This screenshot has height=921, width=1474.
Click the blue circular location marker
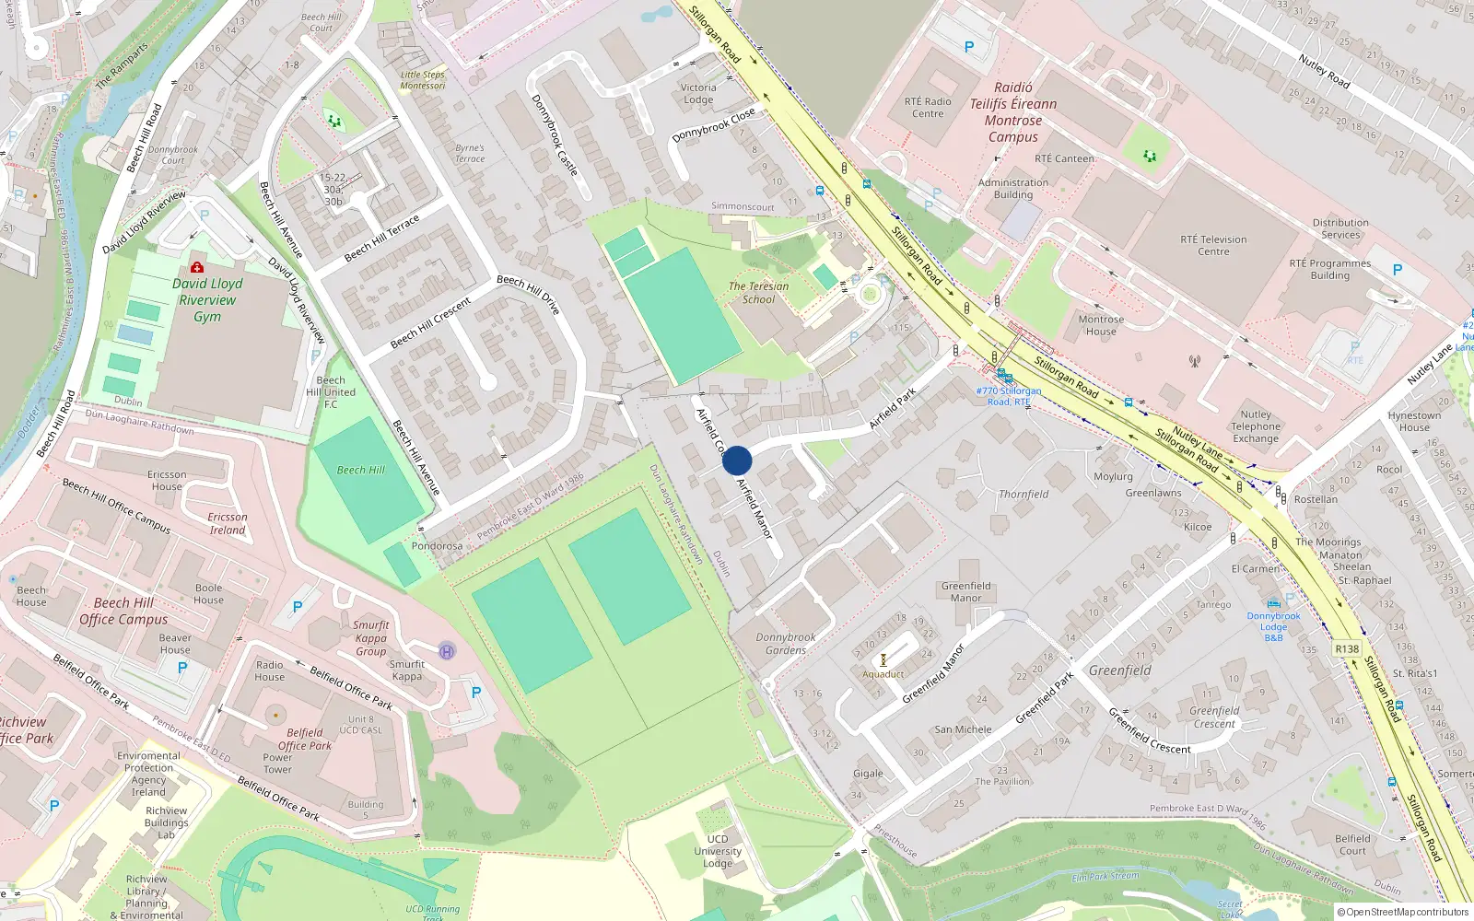(x=737, y=460)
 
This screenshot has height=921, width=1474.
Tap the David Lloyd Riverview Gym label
(x=207, y=300)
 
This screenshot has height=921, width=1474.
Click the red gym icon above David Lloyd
(x=196, y=267)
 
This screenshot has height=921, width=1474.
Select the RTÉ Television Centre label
(x=1213, y=245)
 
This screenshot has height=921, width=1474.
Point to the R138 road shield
(x=1347, y=649)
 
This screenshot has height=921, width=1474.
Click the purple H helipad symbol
(x=447, y=650)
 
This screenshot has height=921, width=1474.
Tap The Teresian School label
(x=758, y=293)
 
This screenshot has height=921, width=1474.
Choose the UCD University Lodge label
(x=718, y=851)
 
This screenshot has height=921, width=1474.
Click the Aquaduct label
(x=883, y=674)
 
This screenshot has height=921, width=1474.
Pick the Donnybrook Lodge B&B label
(x=1274, y=626)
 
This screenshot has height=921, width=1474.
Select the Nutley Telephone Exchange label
(x=1256, y=426)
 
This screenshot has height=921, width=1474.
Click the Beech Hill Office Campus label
(x=123, y=612)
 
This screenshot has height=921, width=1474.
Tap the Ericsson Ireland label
(x=227, y=523)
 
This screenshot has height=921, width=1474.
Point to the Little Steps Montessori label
(x=423, y=80)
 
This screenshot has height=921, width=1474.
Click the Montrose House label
(x=1101, y=325)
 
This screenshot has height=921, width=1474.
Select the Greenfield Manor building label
(x=965, y=591)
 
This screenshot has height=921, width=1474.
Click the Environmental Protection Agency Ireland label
(x=148, y=774)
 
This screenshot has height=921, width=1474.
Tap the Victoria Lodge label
(x=698, y=94)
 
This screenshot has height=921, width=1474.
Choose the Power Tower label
(x=277, y=764)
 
